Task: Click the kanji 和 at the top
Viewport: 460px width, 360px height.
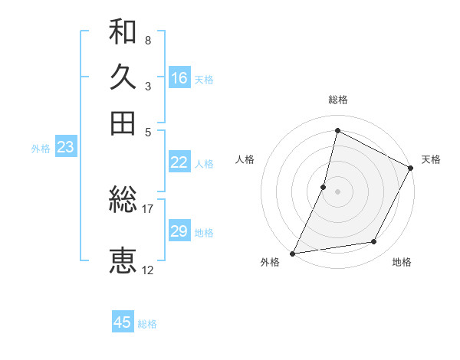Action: (123, 32)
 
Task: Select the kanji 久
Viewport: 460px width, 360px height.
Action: (123, 77)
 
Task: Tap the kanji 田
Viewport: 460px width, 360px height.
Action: (123, 123)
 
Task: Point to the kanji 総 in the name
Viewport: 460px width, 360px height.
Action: (123, 201)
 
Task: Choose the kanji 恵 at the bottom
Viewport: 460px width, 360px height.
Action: (123, 260)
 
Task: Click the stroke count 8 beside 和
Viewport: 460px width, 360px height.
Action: (147, 39)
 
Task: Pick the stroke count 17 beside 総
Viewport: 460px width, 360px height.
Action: (148, 208)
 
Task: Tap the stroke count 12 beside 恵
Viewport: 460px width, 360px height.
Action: (148, 270)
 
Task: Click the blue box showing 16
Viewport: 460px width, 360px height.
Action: (179, 77)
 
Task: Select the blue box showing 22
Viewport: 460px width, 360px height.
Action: (179, 162)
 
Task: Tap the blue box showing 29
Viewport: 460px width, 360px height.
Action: (179, 231)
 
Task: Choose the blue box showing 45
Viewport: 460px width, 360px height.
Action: (123, 322)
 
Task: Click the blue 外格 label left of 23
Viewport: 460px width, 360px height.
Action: (41, 149)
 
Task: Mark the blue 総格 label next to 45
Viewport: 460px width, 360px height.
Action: (147, 324)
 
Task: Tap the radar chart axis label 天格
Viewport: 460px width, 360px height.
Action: (431, 159)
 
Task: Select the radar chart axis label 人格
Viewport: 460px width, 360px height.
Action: (245, 159)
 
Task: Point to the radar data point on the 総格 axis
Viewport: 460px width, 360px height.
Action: (337, 130)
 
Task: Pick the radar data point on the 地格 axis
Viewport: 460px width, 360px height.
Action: (374, 242)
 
